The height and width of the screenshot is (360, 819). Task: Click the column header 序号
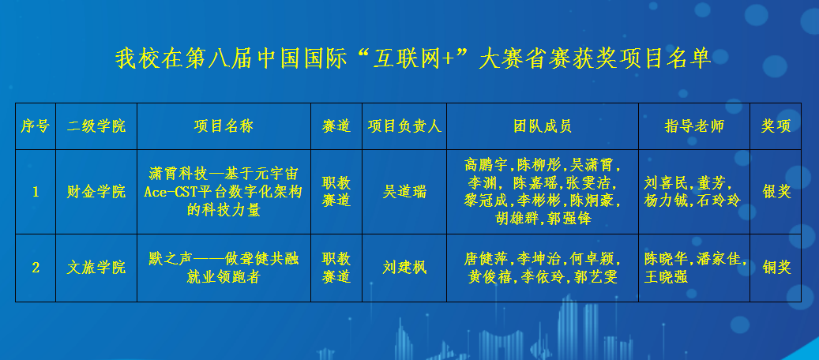(36, 126)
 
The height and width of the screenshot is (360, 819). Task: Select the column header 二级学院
(96, 126)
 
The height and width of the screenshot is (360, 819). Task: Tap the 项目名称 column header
(224, 126)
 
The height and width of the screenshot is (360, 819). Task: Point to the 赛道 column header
(336, 126)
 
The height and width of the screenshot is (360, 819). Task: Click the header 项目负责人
(404, 126)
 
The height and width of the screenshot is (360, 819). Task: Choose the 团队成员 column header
(542, 126)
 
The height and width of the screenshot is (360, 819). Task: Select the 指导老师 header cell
(694, 126)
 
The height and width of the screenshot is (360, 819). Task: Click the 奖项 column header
(776, 126)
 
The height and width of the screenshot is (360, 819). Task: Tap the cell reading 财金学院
(96, 192)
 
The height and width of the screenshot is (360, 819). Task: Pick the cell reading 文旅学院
(96, 268)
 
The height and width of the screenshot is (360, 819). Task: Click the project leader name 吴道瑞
(404, 192)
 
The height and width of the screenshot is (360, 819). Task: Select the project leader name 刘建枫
(404, 268)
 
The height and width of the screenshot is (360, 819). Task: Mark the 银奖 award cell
(776, 192)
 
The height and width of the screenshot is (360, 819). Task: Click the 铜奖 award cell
(776, 268)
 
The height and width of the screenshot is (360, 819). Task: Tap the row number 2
(36, 268)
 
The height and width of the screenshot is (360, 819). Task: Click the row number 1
(36, 192)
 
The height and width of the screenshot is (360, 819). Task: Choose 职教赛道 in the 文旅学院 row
(336, 268)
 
